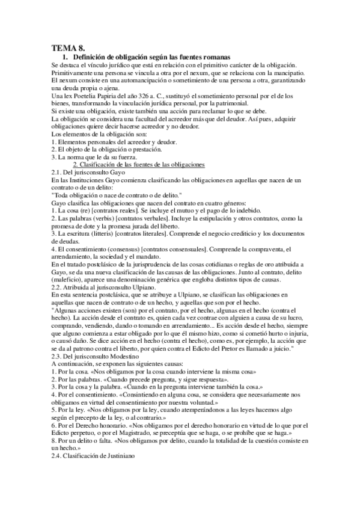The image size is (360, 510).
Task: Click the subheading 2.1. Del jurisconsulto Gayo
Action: click(87, 172)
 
